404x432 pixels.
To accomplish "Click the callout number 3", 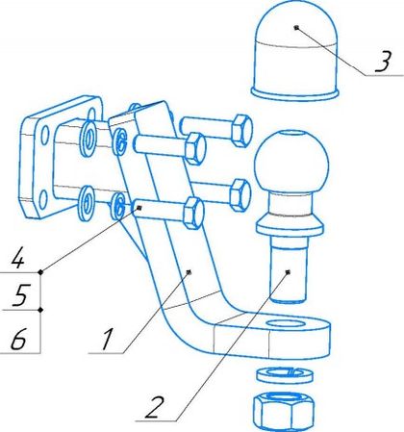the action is [x=383, y=61].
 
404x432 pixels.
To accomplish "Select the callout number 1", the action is [x=107, y=339].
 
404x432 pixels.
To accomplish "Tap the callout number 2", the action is [x=155, y=407].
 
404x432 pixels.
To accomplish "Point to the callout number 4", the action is [x=17, y=258].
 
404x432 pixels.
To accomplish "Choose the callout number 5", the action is [x=21, y=294].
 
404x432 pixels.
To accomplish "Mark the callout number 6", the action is [x=18, y=339].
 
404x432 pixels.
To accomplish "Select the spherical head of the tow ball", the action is [x=291, y=162].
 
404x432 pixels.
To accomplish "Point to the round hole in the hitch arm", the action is [x=286, y=323].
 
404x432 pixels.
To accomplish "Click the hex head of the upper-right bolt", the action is [x=242, y=130].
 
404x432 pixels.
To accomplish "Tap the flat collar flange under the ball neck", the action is [x=289, y=224].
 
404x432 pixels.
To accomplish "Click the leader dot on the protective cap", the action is [x=297, y=28].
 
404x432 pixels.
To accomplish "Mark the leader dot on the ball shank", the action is [x=288, y=272].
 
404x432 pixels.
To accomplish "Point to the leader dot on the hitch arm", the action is [x=189, y=272].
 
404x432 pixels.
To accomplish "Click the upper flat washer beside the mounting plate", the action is [x=88, y=140].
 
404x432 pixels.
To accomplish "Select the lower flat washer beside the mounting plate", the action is [x=87, y=203].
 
